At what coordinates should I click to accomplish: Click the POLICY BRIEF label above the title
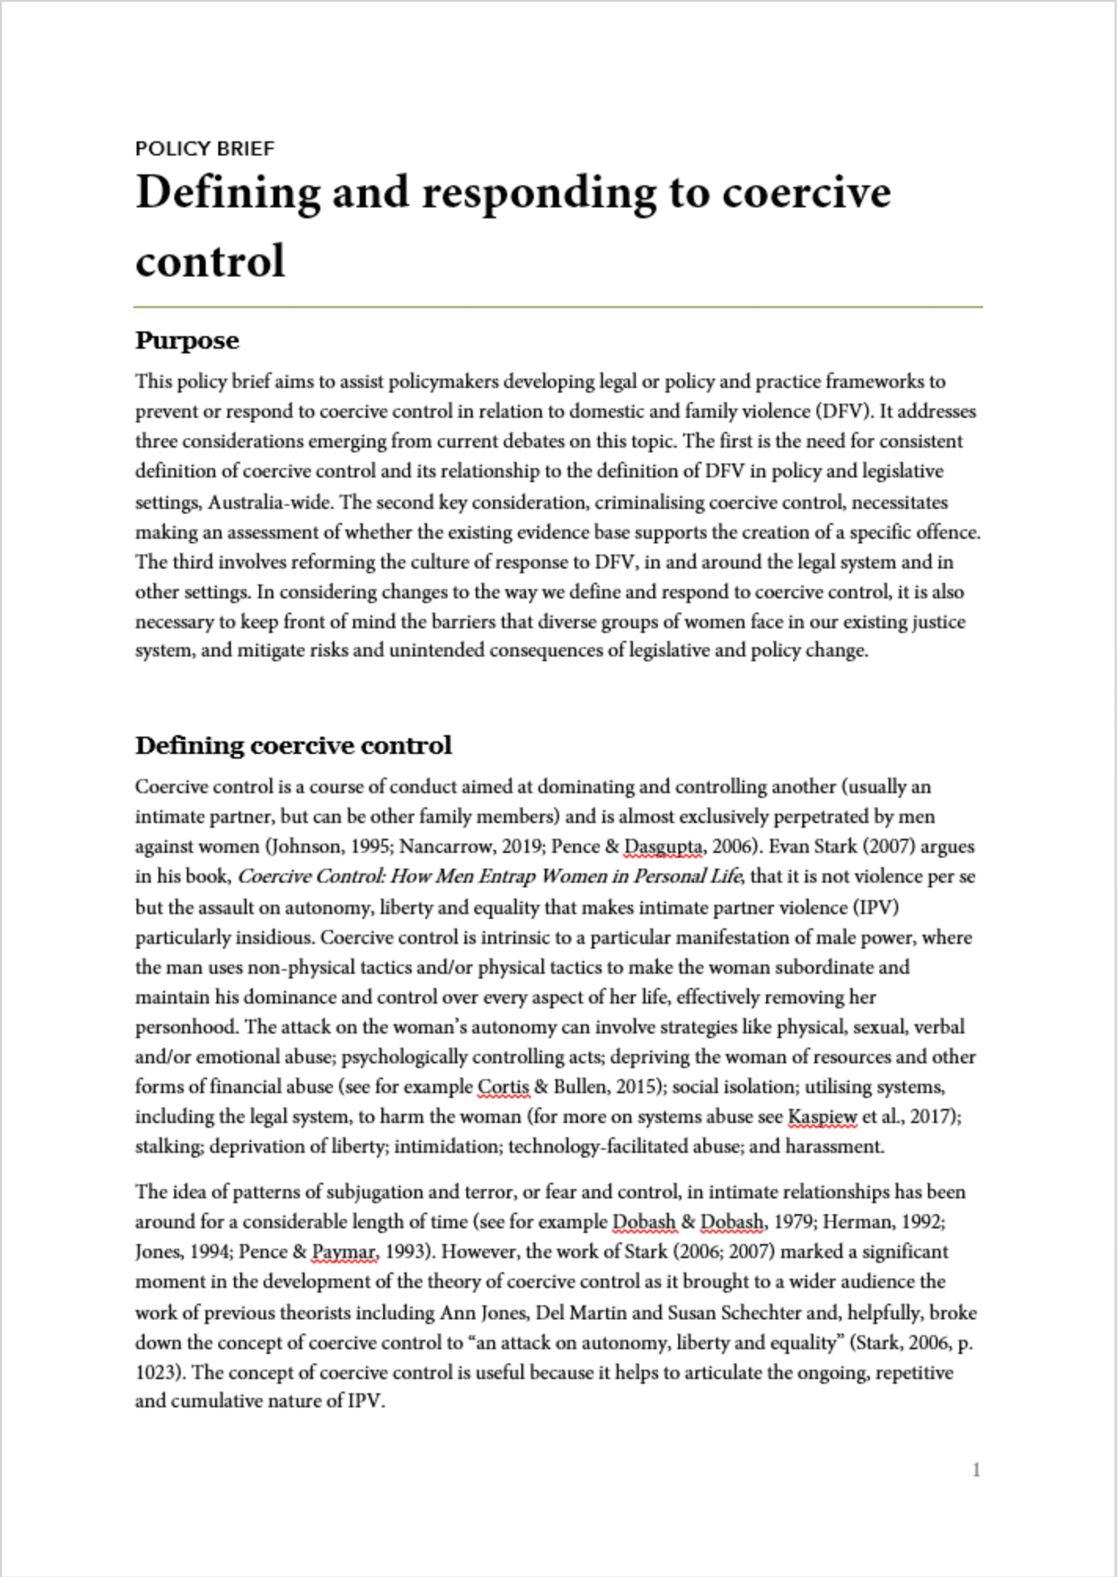pos(205,148)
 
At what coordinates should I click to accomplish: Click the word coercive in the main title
pos(806,192)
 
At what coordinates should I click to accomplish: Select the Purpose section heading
pos(187,340)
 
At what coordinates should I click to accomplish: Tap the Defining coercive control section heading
pos(293,745)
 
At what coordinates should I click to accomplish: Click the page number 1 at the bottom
pos(976,1469)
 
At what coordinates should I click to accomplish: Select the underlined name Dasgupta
pos(663,847)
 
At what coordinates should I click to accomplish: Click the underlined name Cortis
pos(503,1087)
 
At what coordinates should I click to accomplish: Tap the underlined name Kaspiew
pos(821,1117)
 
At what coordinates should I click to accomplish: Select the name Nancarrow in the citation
pos(442,847)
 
